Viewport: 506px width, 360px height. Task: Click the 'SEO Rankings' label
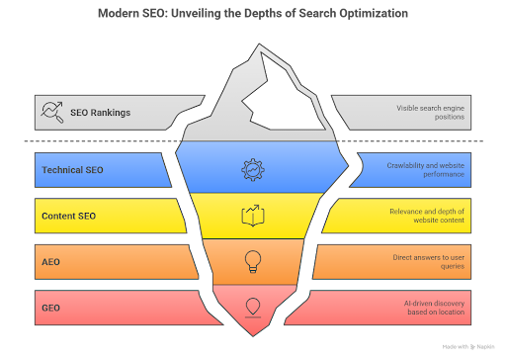[100, 113]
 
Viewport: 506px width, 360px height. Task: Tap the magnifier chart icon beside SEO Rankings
[52, 112]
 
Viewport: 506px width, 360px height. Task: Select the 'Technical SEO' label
[72, 170]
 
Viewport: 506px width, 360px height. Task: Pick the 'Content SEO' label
[68, 216]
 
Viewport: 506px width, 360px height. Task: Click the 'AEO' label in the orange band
[50, 262]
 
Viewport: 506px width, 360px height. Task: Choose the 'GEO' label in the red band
[50, 308]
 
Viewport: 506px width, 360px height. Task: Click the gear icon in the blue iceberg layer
[253, 170]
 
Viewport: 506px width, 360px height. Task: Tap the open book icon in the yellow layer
[253, 216]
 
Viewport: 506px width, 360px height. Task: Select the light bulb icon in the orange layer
[253, 262]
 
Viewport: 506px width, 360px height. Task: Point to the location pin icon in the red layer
[253, 308]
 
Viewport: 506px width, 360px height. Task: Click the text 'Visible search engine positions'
[430, 113]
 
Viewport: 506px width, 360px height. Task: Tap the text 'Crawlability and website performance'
[426, 170]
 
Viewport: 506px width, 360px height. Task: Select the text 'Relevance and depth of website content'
[427, 216]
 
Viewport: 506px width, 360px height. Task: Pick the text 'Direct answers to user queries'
[429, 262]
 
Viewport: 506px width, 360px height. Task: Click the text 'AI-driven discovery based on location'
[434, 308]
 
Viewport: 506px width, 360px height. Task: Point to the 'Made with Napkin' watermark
[468, 347]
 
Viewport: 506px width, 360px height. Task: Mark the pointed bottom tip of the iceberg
[253, 336]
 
